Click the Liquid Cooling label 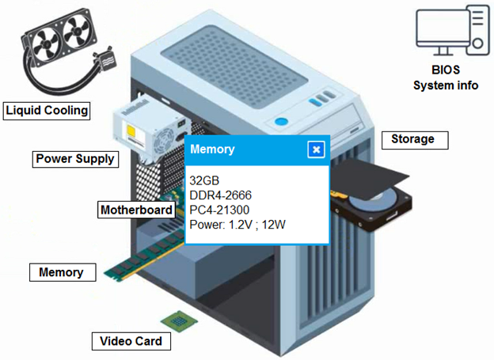pyautogui.click(x=47, y=111)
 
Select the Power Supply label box pyautogui.click(x=75, y=159)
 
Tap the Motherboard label pyautogui.click(x=136, y=210)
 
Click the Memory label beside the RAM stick pyautogui.click(x=63, y=272)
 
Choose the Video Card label pyautogui.click(x=131, y=341)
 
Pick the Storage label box pyautogui.click(x=415, y=140)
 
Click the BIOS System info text pyautogui.click(x=446, y=78)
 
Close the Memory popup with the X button pyautogui.click(x=316, y=150)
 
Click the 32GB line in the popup pyautogui.click(x=204, y=180)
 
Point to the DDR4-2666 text pyautogui.click(x=221, y=195)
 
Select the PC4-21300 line pyautogui.click(x=219, y=210)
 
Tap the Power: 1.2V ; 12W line pyautogui.click(x=237, y=225)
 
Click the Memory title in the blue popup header pyautogui.click(x=212, y=149)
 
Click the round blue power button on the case pyautogui.click(x=281, y=122)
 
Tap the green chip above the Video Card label pyautogui.click(x=179, y=321)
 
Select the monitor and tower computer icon pyautogui.click(x=453, y=31)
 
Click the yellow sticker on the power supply pyautogui.click(x=131, y=131)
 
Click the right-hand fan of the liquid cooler pyautogui.click(x=77, y=31)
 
